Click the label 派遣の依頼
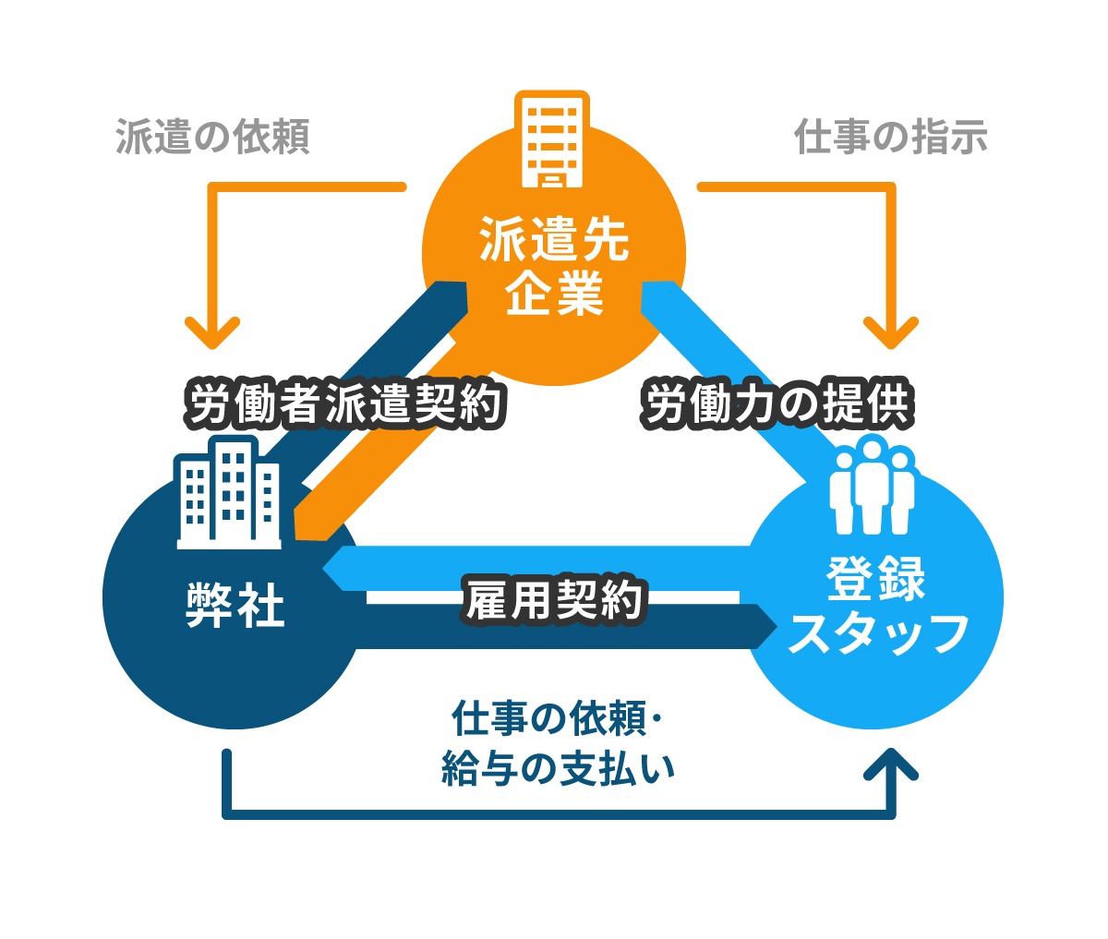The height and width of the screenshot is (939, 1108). click(x=212, y=137)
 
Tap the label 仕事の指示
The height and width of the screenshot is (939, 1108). click(x=891, y=137)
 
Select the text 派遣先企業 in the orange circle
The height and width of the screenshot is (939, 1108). click(x=554, y=266)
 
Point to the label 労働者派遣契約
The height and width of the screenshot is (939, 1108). click(x=346, y=404)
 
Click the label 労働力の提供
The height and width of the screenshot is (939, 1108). click(x=777, y=404)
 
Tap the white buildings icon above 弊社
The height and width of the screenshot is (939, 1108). click(x=228, y=494)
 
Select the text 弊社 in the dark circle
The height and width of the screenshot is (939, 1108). click(x=235, y=607)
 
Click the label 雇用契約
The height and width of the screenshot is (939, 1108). click(x=554, y=600)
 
